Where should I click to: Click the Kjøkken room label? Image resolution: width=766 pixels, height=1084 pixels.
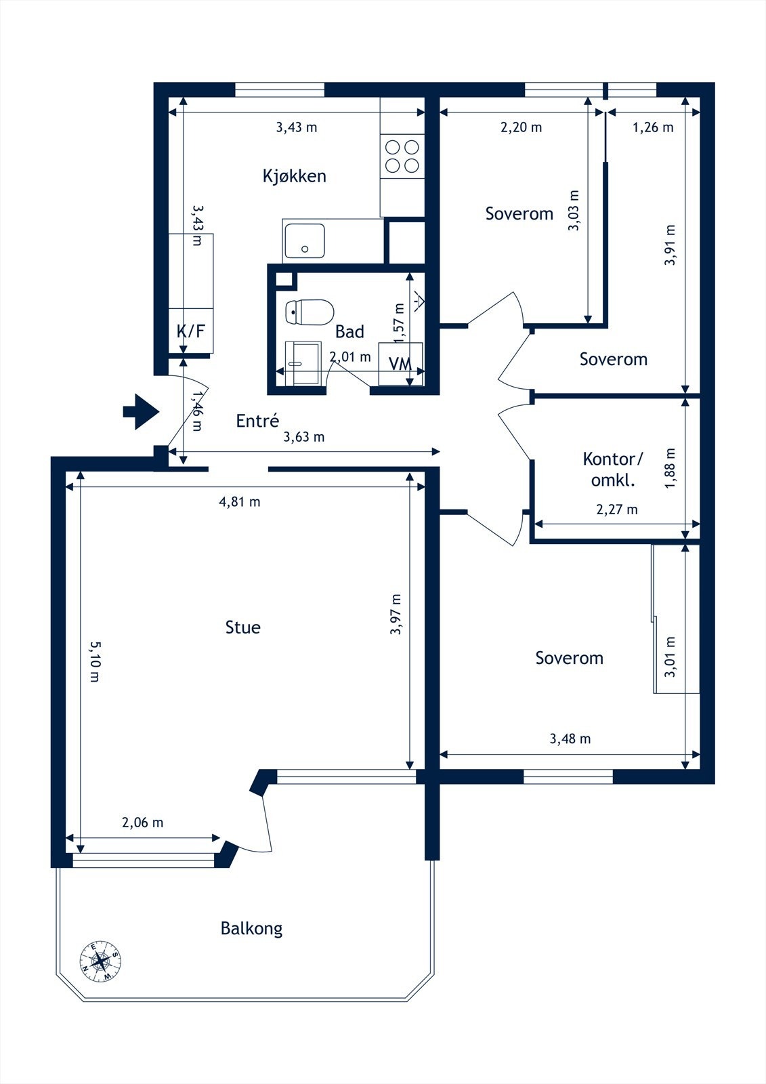point(294,175)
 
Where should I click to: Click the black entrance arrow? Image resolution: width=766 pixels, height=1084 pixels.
point(141,412)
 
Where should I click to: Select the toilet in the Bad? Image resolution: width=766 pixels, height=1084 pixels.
point(310,312)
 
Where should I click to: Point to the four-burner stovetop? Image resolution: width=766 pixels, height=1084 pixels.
point(402,157)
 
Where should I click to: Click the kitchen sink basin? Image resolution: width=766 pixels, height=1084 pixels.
point(304,241)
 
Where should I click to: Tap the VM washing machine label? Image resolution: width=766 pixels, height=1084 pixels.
point(400,364)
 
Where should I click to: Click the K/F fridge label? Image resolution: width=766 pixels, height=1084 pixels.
point(190,331)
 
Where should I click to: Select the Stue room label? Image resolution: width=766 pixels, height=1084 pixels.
point(243,627)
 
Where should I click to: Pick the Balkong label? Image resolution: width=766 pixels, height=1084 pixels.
point(252,927)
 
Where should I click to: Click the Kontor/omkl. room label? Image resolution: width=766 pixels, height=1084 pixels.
point(613,469)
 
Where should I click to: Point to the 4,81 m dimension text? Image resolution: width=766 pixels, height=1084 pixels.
point(240,502)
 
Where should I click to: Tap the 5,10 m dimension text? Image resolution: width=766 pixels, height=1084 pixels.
point(95,661)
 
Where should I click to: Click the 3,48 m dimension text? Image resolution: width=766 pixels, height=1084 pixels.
point(570,738)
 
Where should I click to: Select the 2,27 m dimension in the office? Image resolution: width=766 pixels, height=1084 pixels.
point(617,509)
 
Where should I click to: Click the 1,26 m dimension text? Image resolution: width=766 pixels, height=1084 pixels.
point(653,127)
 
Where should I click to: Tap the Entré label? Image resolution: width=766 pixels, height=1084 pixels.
point(257,421)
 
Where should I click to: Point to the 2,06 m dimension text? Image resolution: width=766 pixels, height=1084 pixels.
point(142,822)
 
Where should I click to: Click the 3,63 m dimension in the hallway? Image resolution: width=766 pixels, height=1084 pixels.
point(303,437)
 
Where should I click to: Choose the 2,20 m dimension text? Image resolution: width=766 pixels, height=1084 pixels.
point(521,127)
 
